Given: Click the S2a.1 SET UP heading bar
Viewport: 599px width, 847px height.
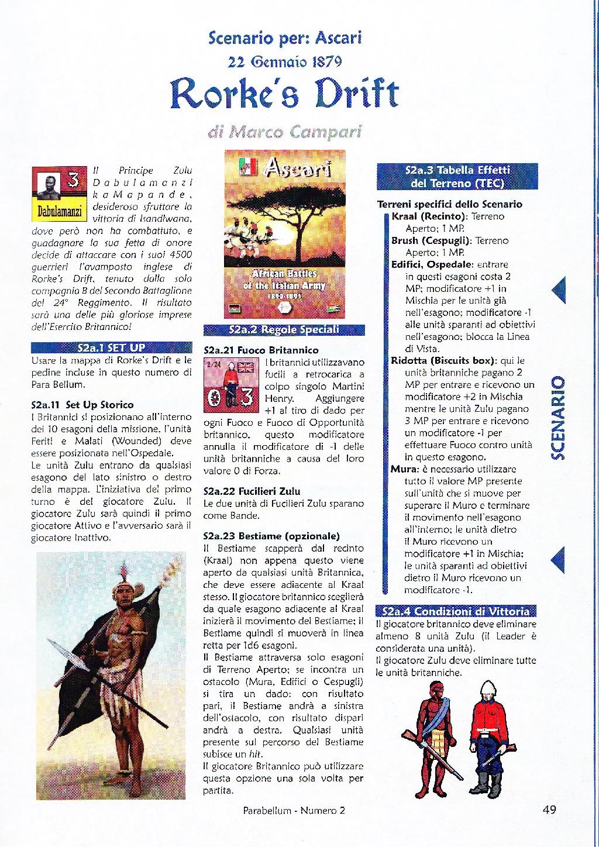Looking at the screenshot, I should tap(111, 348).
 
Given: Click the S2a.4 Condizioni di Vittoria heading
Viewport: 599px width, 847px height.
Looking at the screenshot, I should tap(455, 612).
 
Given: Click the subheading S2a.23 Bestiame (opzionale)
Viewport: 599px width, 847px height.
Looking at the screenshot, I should tap(271, 536).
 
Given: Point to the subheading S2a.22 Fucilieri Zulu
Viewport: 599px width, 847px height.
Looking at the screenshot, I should tap(252, 491).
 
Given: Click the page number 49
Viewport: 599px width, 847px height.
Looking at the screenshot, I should tap(549, 810).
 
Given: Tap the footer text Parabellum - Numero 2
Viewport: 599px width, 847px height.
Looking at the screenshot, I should tap(294, 811).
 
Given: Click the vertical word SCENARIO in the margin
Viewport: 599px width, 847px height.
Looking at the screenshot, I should tap(559, 417).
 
